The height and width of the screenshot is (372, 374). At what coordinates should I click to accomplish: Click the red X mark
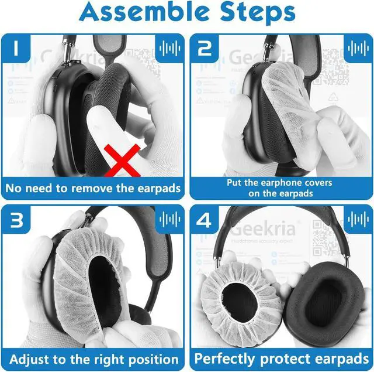(124, 162)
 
